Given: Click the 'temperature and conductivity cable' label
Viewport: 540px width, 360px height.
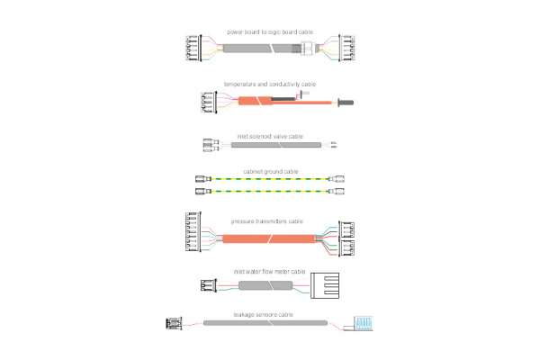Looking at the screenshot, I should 268,83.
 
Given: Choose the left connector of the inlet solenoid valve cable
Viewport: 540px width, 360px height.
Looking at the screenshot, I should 210,144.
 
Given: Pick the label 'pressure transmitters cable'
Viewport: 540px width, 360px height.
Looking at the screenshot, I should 268,220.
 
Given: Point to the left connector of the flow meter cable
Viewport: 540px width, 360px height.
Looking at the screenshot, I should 207,285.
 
